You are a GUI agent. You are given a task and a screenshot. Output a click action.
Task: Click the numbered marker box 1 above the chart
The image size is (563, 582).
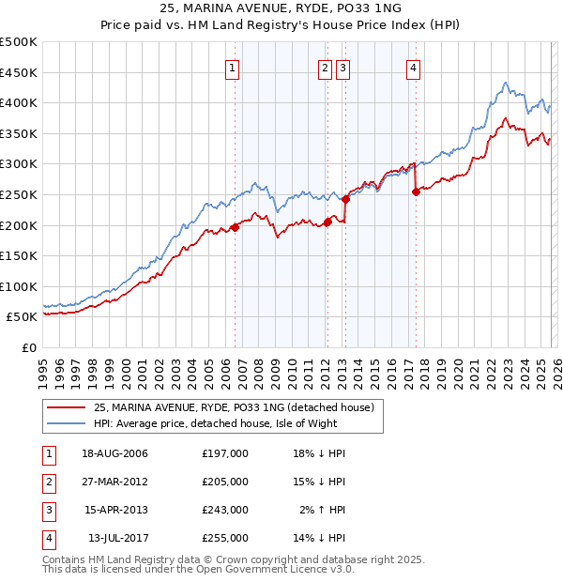click(232, 67)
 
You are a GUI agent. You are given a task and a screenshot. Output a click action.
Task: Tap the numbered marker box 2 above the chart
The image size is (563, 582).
click(325, 67)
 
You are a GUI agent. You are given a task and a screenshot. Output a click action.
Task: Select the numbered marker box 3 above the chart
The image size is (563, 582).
click(342, 67)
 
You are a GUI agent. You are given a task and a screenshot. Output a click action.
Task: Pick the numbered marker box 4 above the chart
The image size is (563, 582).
click(413, 67)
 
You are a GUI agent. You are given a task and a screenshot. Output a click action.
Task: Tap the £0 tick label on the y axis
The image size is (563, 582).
click(29, 347)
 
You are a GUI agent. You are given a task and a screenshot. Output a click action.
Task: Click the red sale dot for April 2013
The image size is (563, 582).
click(345, 199)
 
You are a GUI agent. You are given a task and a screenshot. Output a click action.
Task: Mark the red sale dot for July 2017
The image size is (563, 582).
click(416, 191)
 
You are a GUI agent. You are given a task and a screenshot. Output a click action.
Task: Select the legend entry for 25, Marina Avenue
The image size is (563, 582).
click(234, 407)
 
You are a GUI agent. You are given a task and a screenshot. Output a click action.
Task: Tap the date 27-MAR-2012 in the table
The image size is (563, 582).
click(114, 482)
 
